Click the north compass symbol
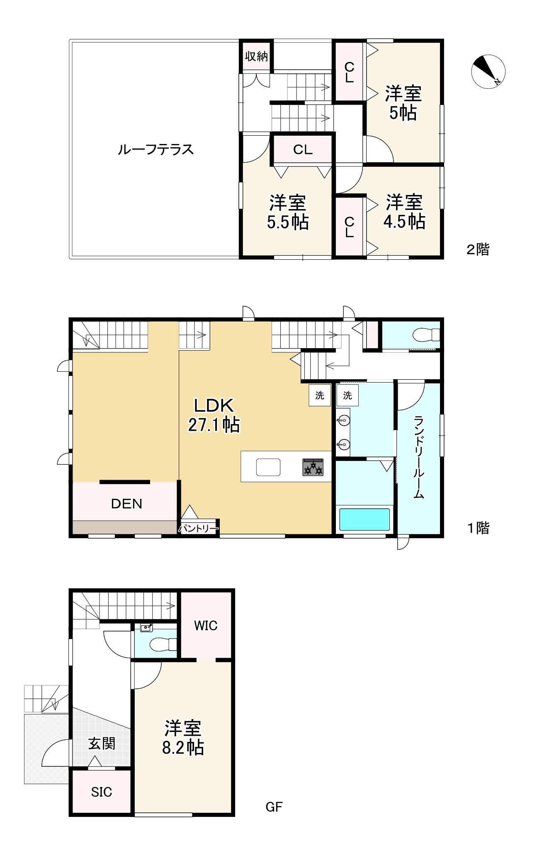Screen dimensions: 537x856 pyautogui.click(x=488, y=71)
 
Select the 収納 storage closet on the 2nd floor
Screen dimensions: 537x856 pyautogui.click(x=257, y=56)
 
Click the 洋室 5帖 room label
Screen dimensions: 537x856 pyautogui.click(x=403, y=103)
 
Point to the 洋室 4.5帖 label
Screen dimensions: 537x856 pyautogui.click(x=404, y=212)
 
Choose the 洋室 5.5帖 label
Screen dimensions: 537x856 pyautogui.click(x=288, y=212)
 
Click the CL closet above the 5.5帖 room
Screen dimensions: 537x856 pyautogui.click(x=303, y=149)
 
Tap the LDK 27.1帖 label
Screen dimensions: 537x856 pyautogui.click(x=214, y=415)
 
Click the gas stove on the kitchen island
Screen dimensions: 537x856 pyautogui.click(x=313, y=467)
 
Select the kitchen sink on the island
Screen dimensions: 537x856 pyautogui.click(x=268, y=467)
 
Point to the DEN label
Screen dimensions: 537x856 pyautogui.click(x=126, y=504)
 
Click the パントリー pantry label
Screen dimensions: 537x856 pyautogui.click(x=198, y=529)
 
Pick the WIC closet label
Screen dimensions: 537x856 pyautogui.click(x=206, y=626)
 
